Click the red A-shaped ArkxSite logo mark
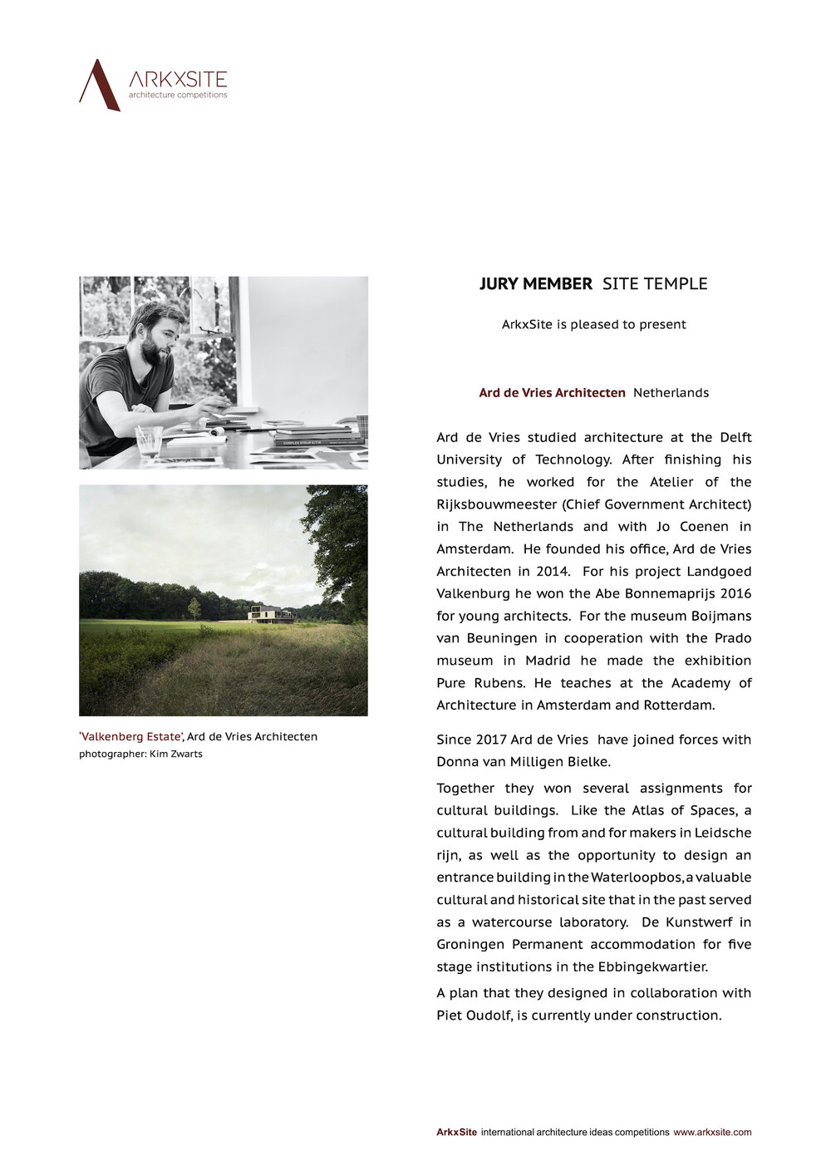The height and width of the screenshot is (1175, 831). [99, 85]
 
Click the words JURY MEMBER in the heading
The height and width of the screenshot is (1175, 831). [535, 284]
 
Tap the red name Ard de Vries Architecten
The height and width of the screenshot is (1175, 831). [552, 393]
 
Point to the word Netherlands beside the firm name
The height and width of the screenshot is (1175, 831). [671, 393]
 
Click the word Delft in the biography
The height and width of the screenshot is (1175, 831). [735, 438]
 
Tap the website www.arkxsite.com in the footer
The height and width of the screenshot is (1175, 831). [712, 1133]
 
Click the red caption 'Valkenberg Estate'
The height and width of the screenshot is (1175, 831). [130, 737]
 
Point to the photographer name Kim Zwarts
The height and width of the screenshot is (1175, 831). [175, 755]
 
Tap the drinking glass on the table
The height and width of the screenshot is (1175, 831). [149, 441]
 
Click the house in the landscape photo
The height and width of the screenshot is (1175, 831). [269, 614]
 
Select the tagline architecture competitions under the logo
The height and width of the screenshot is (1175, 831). [177, 96]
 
